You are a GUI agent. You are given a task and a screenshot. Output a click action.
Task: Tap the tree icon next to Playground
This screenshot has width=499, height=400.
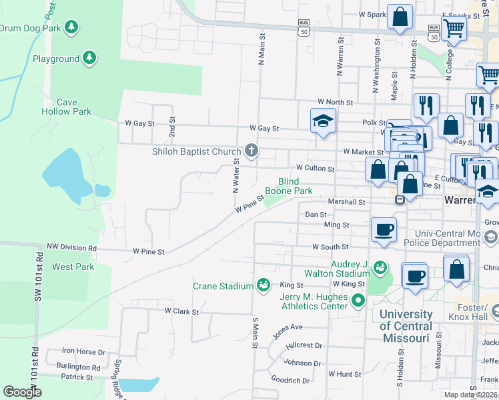point(89,59)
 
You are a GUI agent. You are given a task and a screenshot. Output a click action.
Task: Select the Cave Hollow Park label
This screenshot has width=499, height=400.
point(65,107)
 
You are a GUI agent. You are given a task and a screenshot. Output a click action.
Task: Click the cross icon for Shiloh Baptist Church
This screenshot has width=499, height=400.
point(252,150)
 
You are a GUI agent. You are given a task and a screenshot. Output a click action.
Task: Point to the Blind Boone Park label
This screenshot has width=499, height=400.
point(288,186)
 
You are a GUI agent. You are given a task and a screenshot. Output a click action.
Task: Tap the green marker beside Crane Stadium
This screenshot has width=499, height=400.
point(264,286)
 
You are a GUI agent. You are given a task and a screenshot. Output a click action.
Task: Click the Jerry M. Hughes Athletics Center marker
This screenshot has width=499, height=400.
point(358,301)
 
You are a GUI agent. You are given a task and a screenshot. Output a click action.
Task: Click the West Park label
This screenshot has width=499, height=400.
point(73,267)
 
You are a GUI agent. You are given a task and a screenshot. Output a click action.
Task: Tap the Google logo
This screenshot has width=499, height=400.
point(22,392)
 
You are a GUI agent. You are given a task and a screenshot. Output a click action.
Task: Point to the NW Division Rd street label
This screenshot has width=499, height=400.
point(71,247)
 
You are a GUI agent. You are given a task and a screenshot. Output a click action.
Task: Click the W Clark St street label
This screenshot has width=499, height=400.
point(182,311)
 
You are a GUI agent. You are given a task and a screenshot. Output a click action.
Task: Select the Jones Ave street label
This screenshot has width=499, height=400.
point(288,327)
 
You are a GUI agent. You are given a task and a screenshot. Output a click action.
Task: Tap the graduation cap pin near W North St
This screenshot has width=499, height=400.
point(323,121)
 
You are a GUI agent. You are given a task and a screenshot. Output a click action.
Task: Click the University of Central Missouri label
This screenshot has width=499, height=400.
point(404,326)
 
